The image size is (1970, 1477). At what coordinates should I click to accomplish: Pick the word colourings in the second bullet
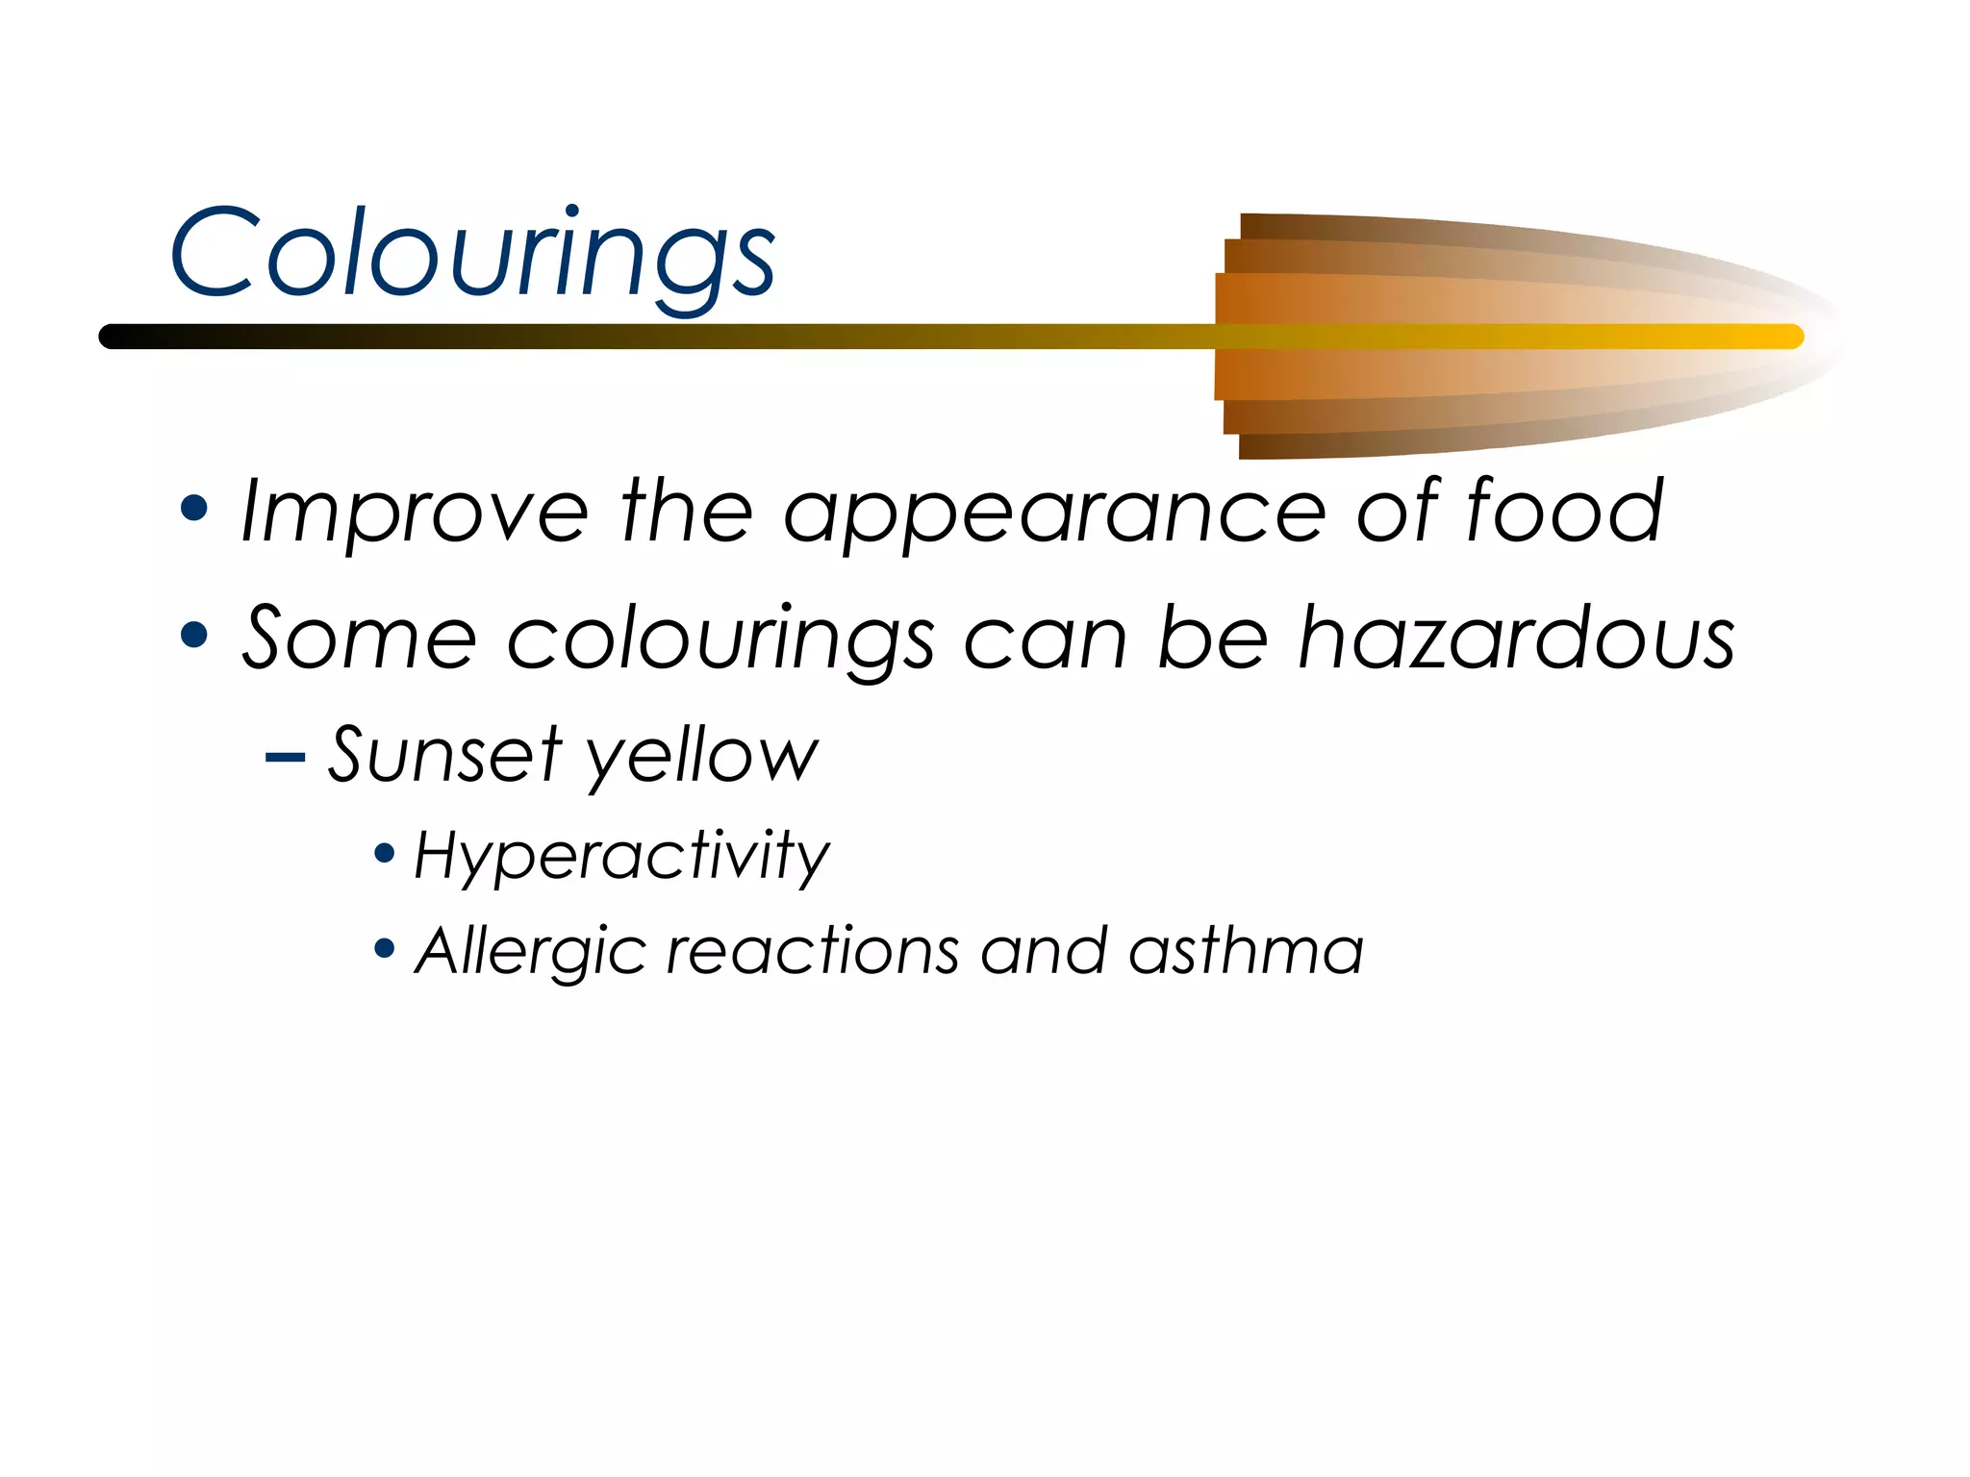(x=720, y=639)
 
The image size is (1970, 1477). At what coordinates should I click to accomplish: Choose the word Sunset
(x=444, y=755)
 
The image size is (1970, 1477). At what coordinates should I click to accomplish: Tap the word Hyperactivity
(x=621, y=856)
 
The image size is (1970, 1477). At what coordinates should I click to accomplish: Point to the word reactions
(x=813, y=952)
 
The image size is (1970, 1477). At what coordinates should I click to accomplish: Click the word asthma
(x=1246, y=952)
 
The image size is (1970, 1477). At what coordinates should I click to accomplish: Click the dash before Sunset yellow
(x=285, y=758)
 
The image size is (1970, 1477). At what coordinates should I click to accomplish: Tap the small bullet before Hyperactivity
(x=385, y=853)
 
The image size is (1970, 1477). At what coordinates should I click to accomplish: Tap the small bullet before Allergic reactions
(x=385, y=950)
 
